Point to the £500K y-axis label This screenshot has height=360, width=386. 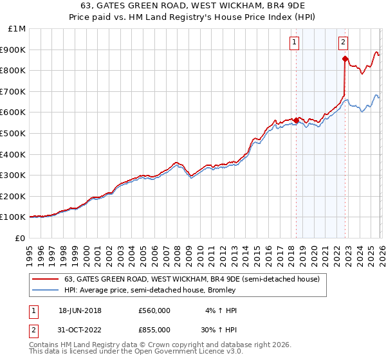pyautogui.click(x=13, y=133)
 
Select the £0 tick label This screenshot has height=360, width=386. pyautogui.click(x=19, y=238)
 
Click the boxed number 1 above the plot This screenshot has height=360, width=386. pyautogui.click(x=295, y=42)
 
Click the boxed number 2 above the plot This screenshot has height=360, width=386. pyautogui.click(x=344, y=42)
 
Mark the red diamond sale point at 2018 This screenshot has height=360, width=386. pyautogui.click(x=296, y=120)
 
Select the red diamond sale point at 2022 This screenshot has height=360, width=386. pyautogui.click(x=345, y=59)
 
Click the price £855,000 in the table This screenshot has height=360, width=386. pyautogui.click(x=154, y=329)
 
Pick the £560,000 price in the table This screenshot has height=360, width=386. pyautogui.click(x=154, y=310)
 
